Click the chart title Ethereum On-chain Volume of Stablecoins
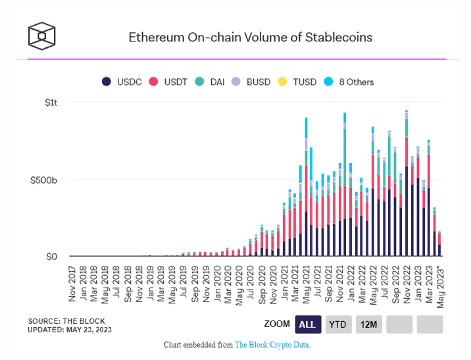[250, 37]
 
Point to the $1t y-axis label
[52, 102]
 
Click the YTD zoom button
[338, 324]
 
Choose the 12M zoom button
[369, 324]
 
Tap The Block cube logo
[41, 36]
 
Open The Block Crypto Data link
[272, 345]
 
